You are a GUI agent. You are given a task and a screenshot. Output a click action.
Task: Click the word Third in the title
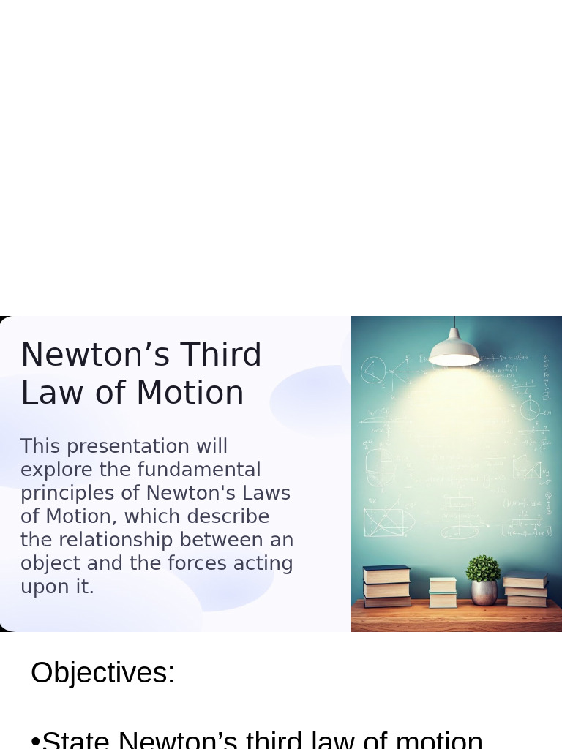coord(221,355)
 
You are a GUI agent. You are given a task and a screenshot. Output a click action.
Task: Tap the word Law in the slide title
coord(48,394)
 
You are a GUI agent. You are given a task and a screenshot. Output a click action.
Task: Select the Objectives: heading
coord(102,673)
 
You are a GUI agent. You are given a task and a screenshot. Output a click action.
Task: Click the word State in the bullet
coord(75,740)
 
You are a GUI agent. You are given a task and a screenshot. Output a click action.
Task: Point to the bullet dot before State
coord(35,742)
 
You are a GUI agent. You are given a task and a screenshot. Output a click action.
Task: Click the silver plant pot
coord(484,592)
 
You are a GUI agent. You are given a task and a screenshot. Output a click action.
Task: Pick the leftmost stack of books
coord(387,586)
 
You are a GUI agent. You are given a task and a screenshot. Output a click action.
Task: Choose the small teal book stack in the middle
coord(443,592)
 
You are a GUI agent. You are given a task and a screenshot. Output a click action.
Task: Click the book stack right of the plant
coord(525,590)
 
